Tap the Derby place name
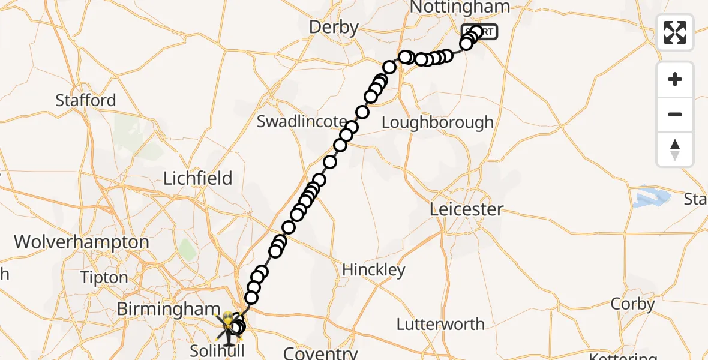pos(334,27)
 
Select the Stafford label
pos(86,100)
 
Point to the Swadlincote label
pos(302,122)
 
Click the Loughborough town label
pos(437,122)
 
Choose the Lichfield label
pos(198,178)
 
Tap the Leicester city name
pos(467,210)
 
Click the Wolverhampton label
pos(82,242)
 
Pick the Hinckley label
pos(374,270)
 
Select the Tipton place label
pos(105,278)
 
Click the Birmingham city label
pos(169,310)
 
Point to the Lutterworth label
pos(440,325)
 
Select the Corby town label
pos(632,304)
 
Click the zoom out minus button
pos(675,114)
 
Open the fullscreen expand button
pos(675,32)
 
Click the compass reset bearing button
pos(675,149)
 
